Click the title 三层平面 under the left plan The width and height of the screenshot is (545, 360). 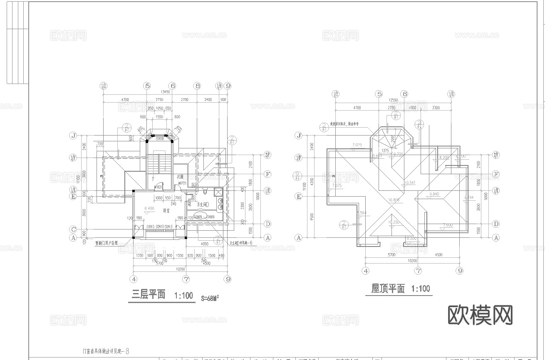click(x=149, y=295)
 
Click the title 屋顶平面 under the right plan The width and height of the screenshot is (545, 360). click(x=388, y=288)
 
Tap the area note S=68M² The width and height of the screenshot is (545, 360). click(x=210, y=298)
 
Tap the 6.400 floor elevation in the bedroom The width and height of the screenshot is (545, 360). click(x=149, y=208)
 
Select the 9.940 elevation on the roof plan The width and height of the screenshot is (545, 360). click(x=434, y=194)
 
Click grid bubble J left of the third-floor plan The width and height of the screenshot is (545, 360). click(x=73, y=136)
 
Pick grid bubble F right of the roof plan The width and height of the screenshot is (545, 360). click(x=495, y=174)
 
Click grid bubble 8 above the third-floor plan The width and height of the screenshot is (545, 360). click(x=197, y=86)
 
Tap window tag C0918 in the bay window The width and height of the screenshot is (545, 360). click(x=159, y=139)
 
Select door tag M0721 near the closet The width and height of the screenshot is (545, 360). click(x=182, y=183)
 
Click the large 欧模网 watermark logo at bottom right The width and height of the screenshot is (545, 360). click(x=480, y=314)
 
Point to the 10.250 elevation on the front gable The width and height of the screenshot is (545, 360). click(x=394, y=222)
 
